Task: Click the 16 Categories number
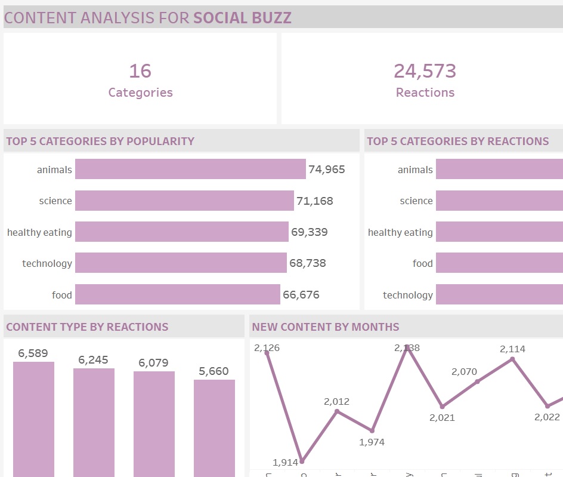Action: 140,71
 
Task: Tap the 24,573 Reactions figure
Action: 425,71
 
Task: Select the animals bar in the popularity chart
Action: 190,169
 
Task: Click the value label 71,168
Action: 314,201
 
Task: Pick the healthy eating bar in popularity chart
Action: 182,232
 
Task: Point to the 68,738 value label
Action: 307,263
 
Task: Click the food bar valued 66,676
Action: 178,294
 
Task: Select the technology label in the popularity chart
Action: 47,263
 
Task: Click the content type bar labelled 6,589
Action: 33,418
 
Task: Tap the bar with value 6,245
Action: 94,421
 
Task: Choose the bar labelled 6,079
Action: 154,423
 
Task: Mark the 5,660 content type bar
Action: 214,427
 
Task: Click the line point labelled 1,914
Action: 302,461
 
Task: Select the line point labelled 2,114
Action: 512,359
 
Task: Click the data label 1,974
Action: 372,442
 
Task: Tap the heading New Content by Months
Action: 326,327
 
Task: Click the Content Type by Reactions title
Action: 87,327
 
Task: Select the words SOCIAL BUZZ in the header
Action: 242,17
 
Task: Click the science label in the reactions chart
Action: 416,201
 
